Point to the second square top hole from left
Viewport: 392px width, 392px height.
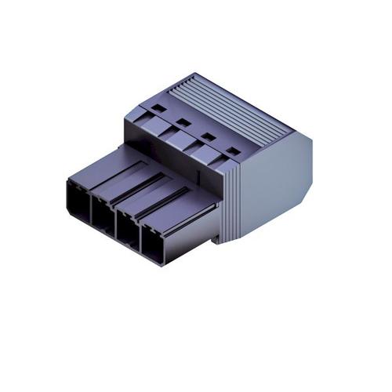182,122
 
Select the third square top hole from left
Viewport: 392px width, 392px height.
207,136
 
